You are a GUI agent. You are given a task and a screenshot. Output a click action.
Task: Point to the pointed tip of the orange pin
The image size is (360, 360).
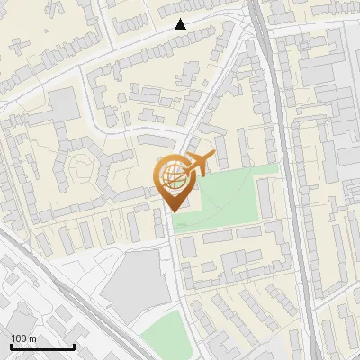170,211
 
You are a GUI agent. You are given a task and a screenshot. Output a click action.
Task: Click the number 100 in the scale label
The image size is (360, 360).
19,338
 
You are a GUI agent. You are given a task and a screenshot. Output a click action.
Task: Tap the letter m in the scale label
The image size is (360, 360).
32,338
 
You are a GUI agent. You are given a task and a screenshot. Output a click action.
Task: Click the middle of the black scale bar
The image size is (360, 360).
42,346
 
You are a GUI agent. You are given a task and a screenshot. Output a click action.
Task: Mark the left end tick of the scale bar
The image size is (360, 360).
11,346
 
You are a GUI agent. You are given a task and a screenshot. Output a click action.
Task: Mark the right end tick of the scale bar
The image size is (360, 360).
74,346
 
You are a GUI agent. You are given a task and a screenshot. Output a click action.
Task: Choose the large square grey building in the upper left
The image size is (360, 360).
65,106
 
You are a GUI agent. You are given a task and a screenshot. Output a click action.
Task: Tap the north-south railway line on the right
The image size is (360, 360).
286,180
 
